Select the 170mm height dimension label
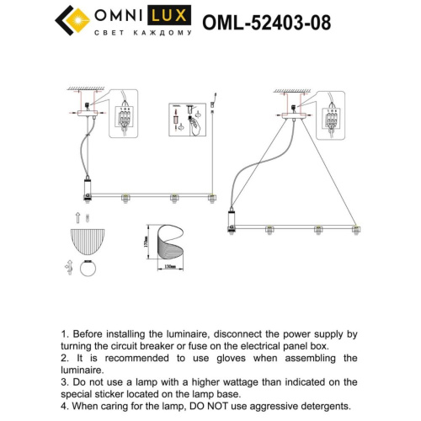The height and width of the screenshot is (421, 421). (x=145, y=242)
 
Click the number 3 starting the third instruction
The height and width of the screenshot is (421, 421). (x=66, y=382)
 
